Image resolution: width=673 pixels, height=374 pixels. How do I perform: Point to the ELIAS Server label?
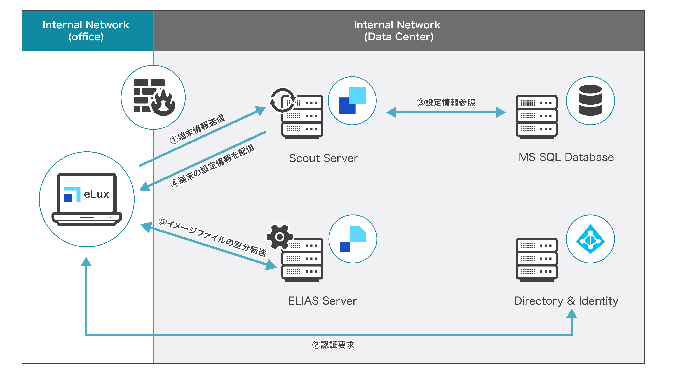click(x=322, y=301)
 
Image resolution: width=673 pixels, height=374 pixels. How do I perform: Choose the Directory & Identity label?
click(x=566, y=301)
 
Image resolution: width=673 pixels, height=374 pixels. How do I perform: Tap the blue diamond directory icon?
click(x=590, y=239)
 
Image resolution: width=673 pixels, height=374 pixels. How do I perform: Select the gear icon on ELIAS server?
click(x=279, y=237)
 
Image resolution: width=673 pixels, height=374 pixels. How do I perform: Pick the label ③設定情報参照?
click(x=446, y=102)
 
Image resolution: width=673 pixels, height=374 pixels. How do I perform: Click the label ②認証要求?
click(x=333, y=345)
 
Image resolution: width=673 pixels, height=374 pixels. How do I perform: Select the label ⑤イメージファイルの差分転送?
click(x=212, y=237)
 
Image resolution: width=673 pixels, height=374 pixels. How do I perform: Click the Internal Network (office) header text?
click(x=86, y=31)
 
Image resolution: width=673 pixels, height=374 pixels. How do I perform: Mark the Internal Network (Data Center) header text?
click(x=397, y=31)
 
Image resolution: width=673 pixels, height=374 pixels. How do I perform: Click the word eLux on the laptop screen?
click(x=96, y=194)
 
